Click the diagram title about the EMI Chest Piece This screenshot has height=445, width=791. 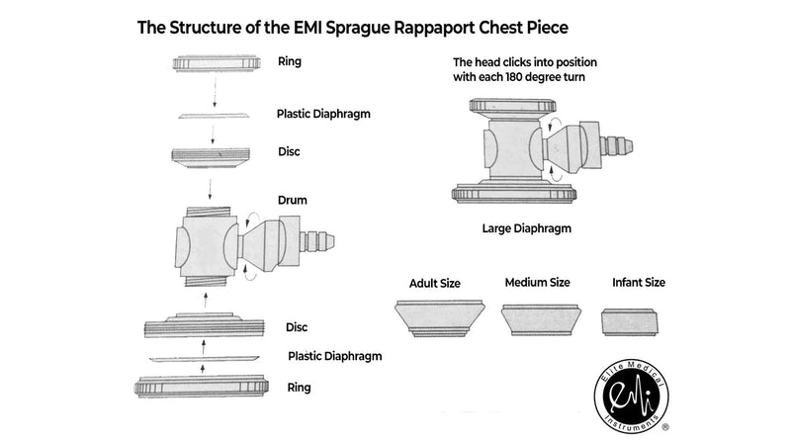click(352, 27)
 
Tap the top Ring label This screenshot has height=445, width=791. click(291, 61)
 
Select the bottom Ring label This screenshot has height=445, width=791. click(299, 387)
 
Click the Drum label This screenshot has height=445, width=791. click(293, 200)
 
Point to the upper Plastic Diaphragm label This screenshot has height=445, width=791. click(323, 113)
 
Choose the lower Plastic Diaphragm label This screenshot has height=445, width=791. click(335, 356)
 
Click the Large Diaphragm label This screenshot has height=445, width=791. click(526, 228)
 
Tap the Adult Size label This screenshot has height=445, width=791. click(435, 283)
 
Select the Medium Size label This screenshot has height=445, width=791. click(537, 282)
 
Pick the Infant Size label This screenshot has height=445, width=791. click(638, 282)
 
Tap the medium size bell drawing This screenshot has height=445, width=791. click(540, 318)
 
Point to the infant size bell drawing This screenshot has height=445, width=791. click(629, 322)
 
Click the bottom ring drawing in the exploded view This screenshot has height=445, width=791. click(204, 387)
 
